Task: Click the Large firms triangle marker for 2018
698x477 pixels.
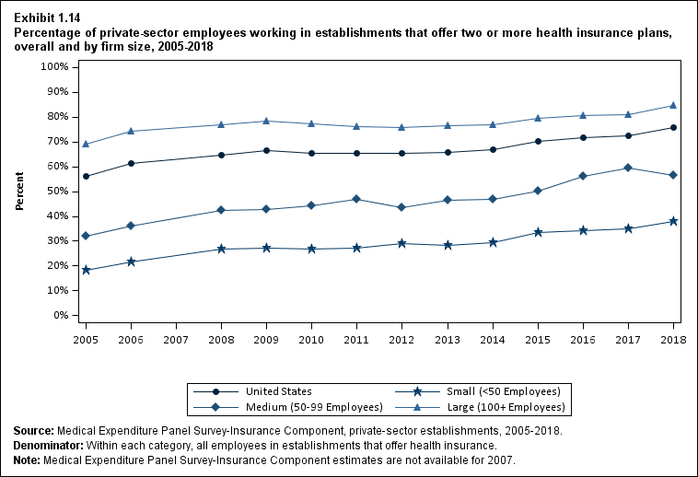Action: (673, 105)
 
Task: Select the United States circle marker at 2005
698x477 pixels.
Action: (87, 176)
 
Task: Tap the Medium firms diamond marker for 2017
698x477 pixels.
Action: (628, 168)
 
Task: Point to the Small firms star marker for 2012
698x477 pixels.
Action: (402, 243)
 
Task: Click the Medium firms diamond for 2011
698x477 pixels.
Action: (357, 199)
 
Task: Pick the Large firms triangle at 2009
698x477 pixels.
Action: (267, 121)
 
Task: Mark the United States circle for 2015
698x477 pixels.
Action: (538, 141)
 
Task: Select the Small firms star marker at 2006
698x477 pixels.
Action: (132, 262)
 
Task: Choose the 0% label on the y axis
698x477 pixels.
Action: (62, 315)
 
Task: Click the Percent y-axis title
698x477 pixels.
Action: (19, 192)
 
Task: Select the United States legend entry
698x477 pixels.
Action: (284, 391)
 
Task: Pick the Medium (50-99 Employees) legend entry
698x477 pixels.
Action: (307, 406)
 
